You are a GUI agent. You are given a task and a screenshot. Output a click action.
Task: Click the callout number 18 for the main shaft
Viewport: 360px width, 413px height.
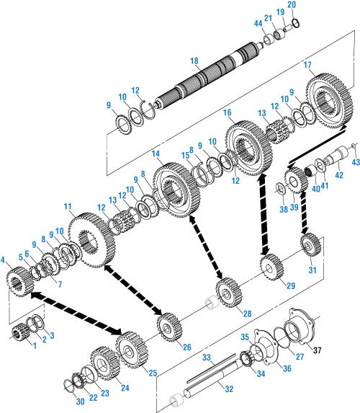click(x=194, y=61)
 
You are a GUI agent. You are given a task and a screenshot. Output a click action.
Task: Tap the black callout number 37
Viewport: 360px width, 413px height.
click(x=318, y=350)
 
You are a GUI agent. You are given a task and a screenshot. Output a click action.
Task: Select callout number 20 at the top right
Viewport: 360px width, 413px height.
click(x=292, y=4)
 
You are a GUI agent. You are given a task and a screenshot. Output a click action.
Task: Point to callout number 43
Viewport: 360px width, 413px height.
click(x=356, y=162)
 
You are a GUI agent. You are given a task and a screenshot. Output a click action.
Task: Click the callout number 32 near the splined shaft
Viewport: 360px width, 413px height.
click(x=229, y=388)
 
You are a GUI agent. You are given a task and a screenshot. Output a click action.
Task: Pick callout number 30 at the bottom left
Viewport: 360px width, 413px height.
click(x=80, y=401)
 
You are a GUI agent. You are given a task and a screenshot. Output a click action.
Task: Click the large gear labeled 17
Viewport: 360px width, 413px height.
click(x=329, y=101)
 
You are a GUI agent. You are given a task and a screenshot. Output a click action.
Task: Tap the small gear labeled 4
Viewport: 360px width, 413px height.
click(x=19, y=281)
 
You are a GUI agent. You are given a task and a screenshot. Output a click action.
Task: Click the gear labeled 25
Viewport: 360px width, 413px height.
click(x=131, y=350)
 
